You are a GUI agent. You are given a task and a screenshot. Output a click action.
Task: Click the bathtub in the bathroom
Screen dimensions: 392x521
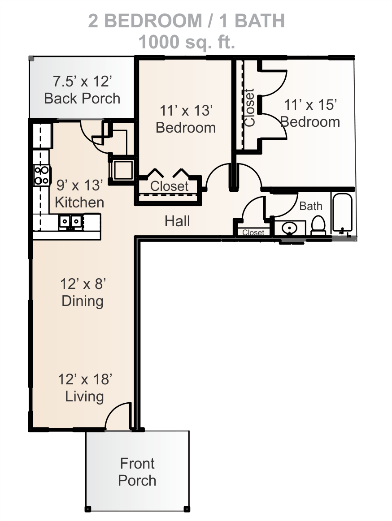click(x=342, y=212)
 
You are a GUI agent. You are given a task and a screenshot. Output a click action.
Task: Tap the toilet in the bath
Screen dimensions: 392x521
click(x=318, y=225)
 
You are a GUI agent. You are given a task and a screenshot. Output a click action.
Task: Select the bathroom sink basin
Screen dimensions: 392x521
click(x=289, y=228)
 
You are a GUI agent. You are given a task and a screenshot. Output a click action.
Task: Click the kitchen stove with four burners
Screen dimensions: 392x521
click(x=42, y=176)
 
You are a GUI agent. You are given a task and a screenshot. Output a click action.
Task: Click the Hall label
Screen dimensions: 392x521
click(x=177, y=221)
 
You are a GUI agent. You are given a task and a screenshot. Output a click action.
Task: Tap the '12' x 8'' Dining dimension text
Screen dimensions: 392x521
click(x=83, y=284)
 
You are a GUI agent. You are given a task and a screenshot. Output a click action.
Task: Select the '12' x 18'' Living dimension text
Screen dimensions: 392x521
click(x=85, y=379)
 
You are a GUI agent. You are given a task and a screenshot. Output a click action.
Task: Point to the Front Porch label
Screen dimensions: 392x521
click(x=137, y=472)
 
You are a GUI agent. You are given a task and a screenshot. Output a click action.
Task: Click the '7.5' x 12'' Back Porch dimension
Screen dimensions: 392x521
click(x=82, y=82)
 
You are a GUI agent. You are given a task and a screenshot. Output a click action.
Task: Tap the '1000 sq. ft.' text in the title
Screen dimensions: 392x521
click(x=187, y=42)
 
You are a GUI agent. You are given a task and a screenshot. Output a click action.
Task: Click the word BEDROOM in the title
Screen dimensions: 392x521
click(x=153, y=21)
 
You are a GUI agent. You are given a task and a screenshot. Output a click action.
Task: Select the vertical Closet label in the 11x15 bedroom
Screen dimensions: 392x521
click(x=249, y=108)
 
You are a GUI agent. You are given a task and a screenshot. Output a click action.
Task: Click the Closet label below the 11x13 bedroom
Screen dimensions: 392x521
click(x=170, y=186)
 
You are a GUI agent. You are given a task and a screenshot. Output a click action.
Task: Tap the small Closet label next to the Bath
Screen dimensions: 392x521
click(x=253, y=233)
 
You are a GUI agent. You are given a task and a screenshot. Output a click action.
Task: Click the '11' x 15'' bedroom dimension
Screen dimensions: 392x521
click(x=310, y=105)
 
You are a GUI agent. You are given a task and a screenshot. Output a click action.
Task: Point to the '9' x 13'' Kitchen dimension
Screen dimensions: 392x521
click(x=79, y=185)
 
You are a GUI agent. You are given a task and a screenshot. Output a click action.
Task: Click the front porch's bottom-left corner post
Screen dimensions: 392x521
click(x=88, y=509)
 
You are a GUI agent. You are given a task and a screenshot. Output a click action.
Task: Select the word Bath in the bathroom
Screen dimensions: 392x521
click(x=311, y=206)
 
